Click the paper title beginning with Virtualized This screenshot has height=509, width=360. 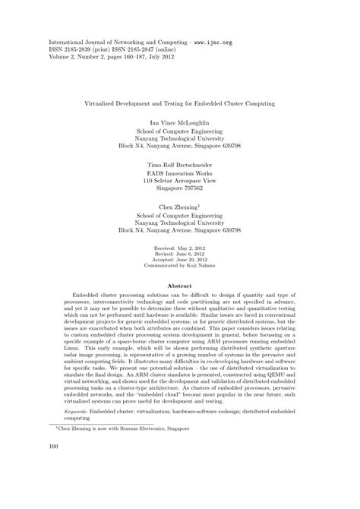pyautogui.click(x=179, y=101)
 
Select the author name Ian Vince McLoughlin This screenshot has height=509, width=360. pyautogui.click(x=179, y=122)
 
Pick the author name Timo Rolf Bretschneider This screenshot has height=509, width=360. pyautogui.click(x=179, y=163)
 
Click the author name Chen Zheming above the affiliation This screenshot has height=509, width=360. pyautogui.click(x=178, y=206)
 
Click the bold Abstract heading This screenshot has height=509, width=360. pyautogui.click(x=179, y=286)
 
